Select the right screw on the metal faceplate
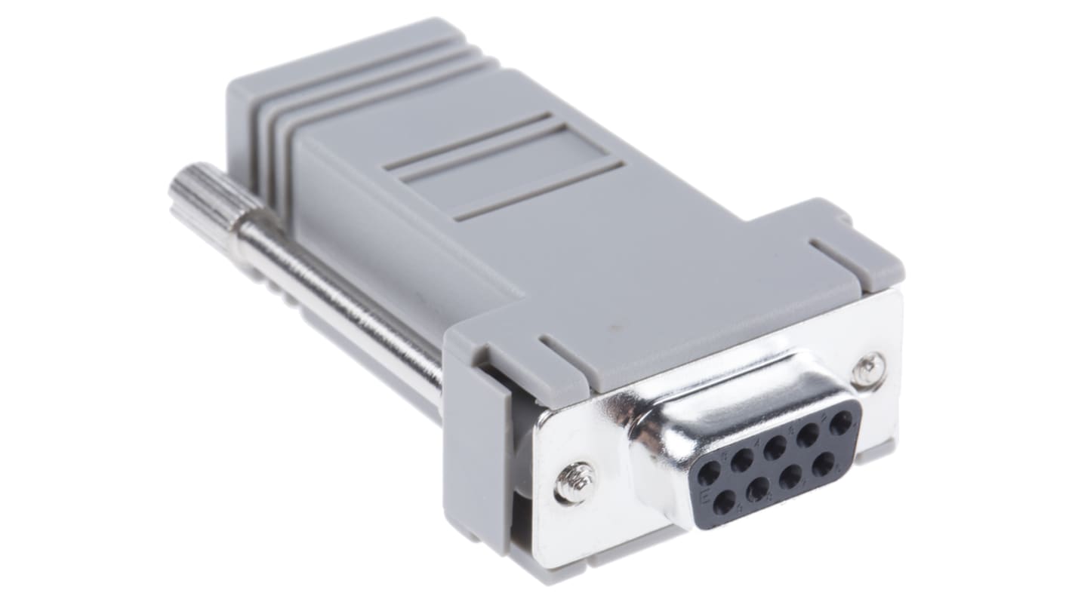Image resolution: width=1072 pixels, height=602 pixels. point(869,370)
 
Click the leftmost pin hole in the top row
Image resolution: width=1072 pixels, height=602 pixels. point(709,474)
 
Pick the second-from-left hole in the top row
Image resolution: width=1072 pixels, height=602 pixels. point(742,459)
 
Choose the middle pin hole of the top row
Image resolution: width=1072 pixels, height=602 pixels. point(775,447)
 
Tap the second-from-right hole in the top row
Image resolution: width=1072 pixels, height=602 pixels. point(809,434)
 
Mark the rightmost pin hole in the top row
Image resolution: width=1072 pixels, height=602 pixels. point(840,422)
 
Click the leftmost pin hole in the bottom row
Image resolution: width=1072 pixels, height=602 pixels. point(725,502)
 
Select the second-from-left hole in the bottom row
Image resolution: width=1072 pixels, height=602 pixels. point(757,489)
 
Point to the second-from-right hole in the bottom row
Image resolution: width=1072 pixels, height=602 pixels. point(791,476)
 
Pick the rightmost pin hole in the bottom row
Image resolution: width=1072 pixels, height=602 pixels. point(823,463)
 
